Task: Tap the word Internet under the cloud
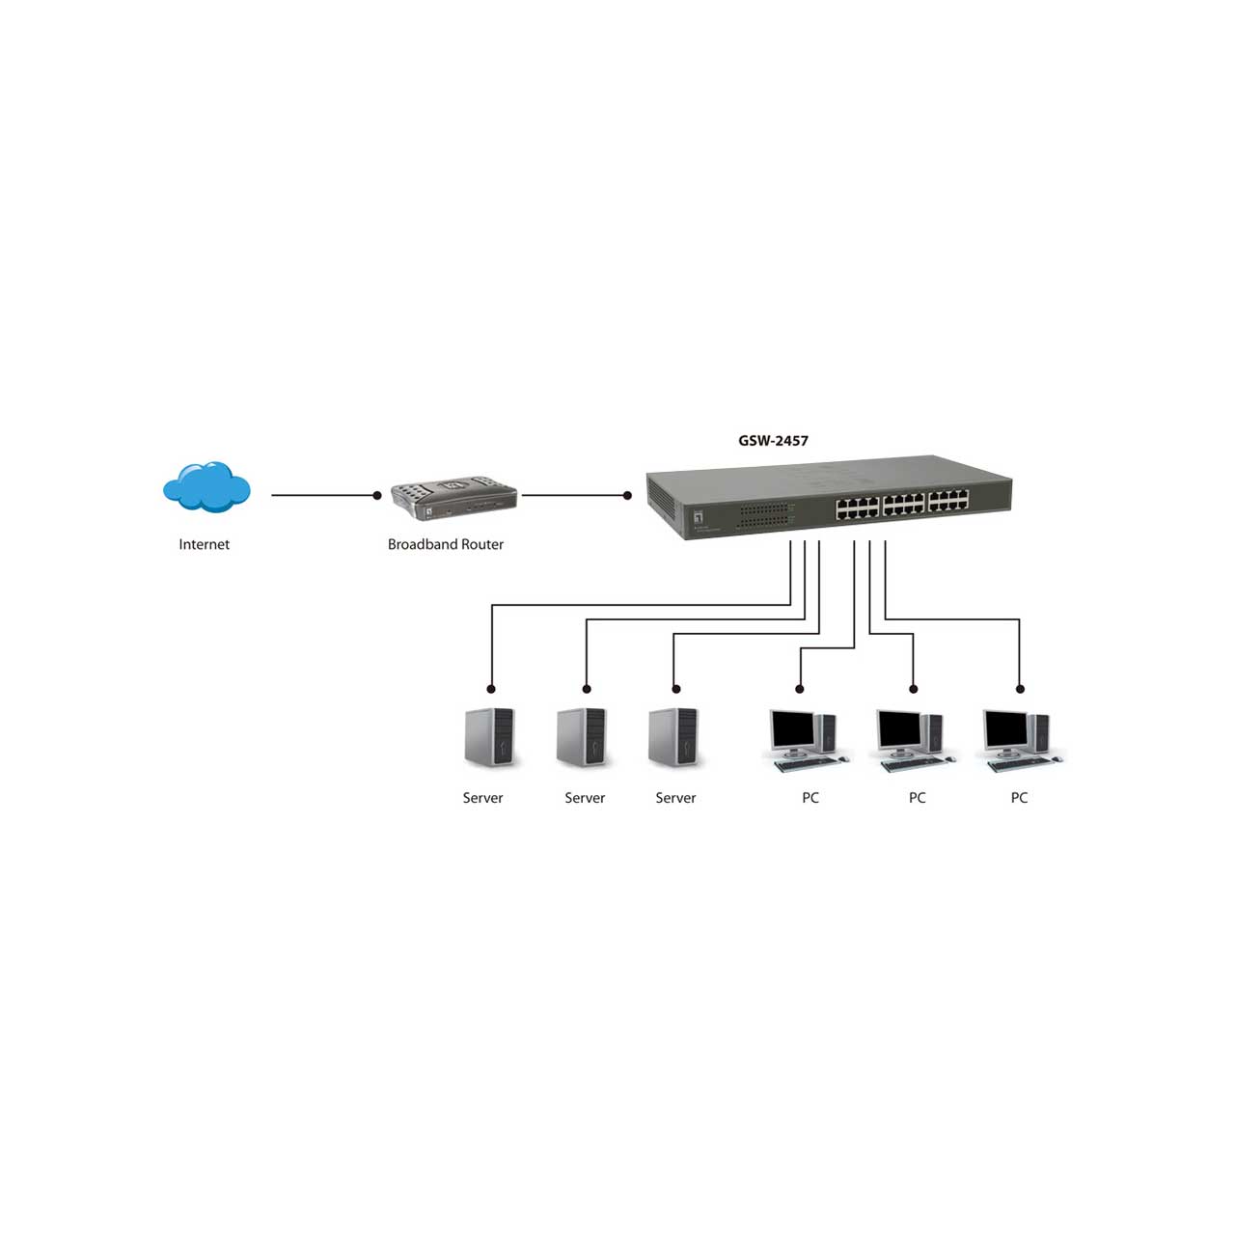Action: pos(204,544)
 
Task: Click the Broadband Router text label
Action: pos(446,544)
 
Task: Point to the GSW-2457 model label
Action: pos(773,440)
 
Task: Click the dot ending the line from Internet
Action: pos(377,495)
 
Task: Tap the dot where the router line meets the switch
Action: pos(627,495)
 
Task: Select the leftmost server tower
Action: pos(489,737)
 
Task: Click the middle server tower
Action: pos(582,737)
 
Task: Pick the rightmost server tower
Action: pos(673,737)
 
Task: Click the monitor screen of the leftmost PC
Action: pos(792,728)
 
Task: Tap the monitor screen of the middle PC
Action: pos(899,728)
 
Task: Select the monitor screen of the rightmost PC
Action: pos(1006,728)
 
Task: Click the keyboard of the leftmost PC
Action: pos(808,764)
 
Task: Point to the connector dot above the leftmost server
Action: pos(491,689)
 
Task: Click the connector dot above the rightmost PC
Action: pos(1020,689)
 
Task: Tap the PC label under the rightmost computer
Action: pos(1019,798)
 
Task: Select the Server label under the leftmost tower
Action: pos(482,798)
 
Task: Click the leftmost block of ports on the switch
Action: pos(857,508)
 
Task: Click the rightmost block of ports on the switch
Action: pos(948,501)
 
